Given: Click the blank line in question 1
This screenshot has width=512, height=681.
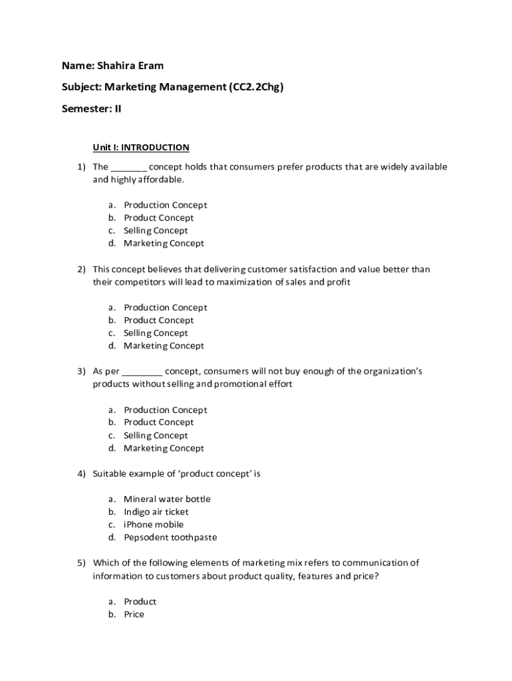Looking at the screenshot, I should click(129, 167).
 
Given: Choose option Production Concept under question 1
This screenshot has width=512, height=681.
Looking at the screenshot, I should click(165, 205).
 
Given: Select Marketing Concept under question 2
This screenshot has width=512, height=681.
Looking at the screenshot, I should click(164, 346).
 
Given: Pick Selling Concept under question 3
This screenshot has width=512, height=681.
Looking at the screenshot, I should click(156, 436).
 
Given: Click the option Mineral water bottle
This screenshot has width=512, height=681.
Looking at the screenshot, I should click(167, 499).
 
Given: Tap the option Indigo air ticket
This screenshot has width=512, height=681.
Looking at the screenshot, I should click(156, 511).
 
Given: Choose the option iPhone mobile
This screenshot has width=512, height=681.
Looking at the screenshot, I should click(154, 525).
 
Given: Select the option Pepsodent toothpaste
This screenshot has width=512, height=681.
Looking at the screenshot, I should click(170, 537).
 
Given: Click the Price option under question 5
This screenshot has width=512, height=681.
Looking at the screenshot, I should click(134, 614).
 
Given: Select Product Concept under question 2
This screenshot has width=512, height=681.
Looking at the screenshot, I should click(159, 320).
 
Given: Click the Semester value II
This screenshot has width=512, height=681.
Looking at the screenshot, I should click(117, 108).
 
